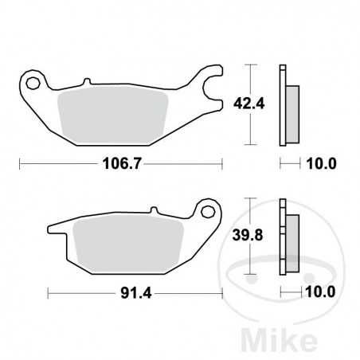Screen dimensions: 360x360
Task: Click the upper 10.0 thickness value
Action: (x=323, y=165)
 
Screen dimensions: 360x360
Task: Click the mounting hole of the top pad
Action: (x=33, y=82)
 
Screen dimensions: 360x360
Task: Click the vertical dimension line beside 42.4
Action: (x=252, y=104)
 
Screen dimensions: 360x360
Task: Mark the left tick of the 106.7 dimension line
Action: (x=20, y=165)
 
